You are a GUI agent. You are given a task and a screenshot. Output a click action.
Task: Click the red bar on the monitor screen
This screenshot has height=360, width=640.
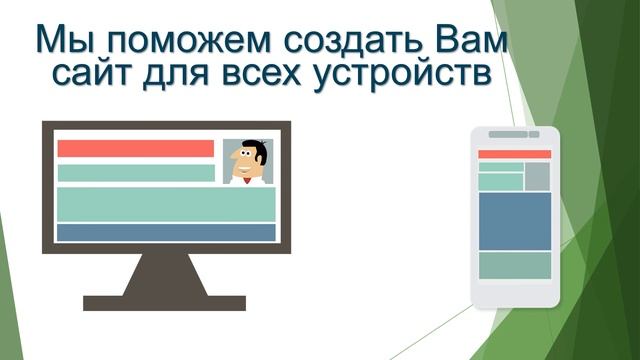(x=136, y=148)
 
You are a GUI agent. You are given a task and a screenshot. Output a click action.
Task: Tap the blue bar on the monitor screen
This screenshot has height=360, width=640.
(x=166, y=232)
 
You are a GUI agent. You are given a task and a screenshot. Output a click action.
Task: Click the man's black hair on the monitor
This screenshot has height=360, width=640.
(x=247, y=146)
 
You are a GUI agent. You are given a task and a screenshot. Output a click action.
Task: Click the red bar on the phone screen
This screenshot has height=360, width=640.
(x=514, y=154)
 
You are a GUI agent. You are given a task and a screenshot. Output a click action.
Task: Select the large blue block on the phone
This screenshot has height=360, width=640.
(x=514, y=220)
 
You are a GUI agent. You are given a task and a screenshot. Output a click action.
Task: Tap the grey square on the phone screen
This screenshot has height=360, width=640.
(x=538, y=176)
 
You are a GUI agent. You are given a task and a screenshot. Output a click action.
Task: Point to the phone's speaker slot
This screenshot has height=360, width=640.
(x=509, y=134)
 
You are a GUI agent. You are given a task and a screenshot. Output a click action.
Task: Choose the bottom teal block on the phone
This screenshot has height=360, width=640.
(x=514, y=265)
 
